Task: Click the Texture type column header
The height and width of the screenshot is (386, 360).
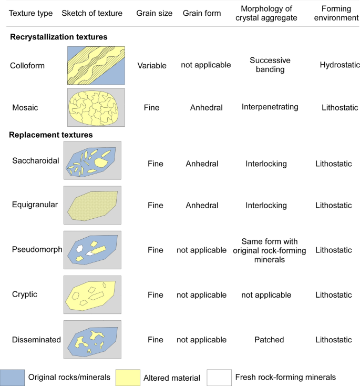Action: coord(31,13)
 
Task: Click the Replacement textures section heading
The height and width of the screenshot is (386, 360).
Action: coord(51,135)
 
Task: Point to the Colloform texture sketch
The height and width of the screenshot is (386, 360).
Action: coord(96,66)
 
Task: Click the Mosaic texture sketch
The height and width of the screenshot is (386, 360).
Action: coord(96,107)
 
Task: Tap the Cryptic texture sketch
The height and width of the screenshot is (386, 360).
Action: coord(92,294)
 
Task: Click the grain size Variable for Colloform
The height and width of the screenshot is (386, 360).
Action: coord(152,66)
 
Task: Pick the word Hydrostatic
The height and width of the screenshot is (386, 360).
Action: coord(338,65)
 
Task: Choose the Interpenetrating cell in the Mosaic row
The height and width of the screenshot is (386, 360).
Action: coord(270,107)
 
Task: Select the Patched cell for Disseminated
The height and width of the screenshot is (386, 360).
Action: coord(270,340)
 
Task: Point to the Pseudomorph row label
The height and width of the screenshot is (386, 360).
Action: coord(34,250)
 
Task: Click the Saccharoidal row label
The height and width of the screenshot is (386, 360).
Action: coord(35,160)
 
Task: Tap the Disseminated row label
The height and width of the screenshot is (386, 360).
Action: coord(36,340)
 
